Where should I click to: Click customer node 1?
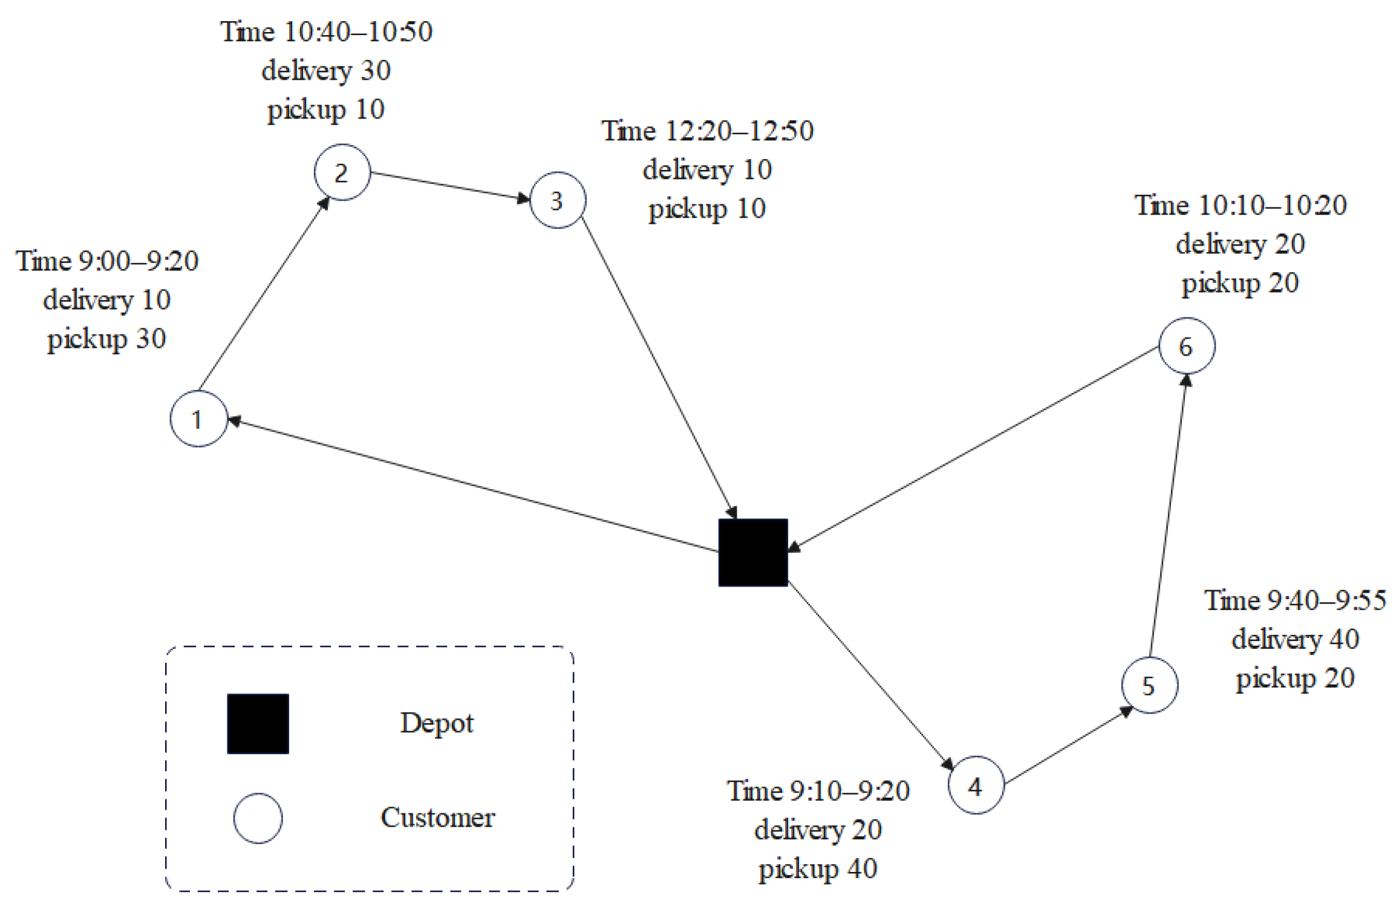[198, 418]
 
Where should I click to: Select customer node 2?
[342, 172]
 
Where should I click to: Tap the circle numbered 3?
[557, 200]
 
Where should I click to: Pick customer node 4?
[976, 785]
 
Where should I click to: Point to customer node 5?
[1149, 685]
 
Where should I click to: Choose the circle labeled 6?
[1186, 346]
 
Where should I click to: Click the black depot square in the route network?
[752, 552]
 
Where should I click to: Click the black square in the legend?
[258, 723]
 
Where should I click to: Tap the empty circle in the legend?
[258, 818]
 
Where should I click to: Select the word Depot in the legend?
[437, 723]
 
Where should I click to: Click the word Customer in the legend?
[437, 818]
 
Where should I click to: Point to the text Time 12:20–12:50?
[707, 131]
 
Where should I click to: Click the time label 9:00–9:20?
[107, 261]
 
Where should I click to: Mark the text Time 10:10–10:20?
[1240, 206]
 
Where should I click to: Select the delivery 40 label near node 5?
[1295, 639]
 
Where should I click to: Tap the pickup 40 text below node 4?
[818, 869]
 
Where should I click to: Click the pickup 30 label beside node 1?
[106, 339]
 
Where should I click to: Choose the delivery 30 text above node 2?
[326, 71]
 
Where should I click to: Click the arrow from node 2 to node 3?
[451, 186]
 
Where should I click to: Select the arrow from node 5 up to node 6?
[1167, 517]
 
